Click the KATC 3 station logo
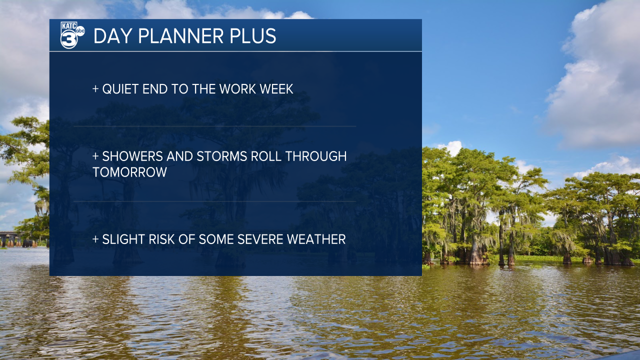coord(72,35)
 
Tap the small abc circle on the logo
coord(80,31)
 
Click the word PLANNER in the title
coord(180,36)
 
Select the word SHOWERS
coord(132,156)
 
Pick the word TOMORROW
coord(129,172)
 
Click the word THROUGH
coord(316,156)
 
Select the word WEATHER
coord(316,239)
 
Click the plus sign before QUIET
coord(95,89)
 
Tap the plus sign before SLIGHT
coord(95,239)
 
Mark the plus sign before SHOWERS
coord(95,156)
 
